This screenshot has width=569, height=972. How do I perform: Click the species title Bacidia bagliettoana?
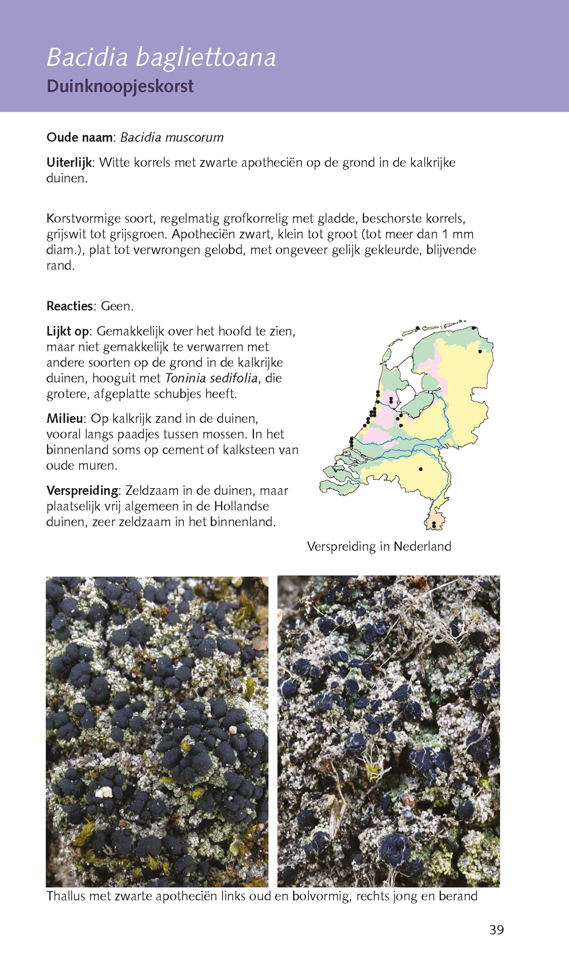(x=161, y=57)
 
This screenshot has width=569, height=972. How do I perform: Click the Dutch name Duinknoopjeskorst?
(x=120, y=87)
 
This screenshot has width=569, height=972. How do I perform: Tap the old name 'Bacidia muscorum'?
(x=172, y=137)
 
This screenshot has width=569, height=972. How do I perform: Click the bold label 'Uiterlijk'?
(x=69, y=162)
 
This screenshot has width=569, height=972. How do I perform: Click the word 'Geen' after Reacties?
(x=116, y=306)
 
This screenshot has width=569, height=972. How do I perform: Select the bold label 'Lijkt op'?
(x=68, y=331)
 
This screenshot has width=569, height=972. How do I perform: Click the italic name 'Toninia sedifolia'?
(x=211, y=378)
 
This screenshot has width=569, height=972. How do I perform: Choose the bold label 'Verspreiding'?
(x=82, y=491)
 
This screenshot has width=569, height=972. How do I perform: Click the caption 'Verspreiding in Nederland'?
(x=379, y=546)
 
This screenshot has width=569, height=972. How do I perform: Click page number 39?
(x=497, y=930)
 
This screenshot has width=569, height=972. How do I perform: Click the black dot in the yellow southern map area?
(x=421, y=469)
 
